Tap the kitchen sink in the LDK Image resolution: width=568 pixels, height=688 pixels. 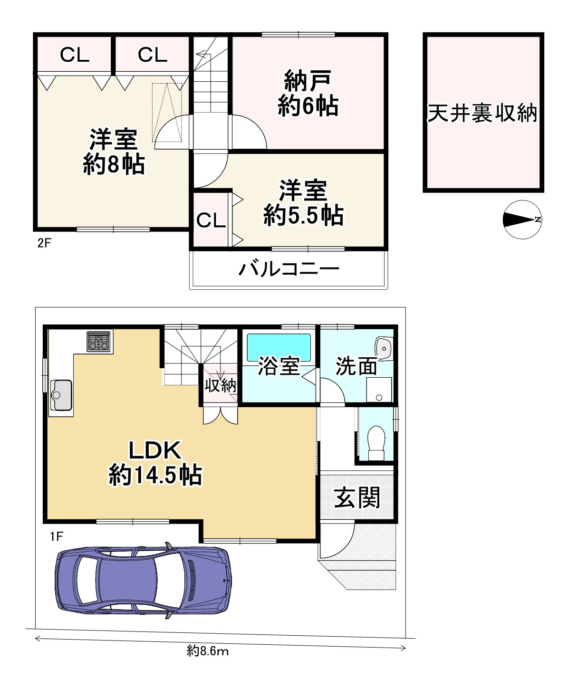61,394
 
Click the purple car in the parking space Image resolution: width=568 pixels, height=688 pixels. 144,580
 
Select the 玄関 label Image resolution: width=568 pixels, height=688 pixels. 357,497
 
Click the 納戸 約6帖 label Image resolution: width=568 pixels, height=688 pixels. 308,93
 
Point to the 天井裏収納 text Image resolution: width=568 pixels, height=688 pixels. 482,113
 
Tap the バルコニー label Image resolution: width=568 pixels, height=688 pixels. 289,269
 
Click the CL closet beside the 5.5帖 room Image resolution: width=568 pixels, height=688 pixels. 211,220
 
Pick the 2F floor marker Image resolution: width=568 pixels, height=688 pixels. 44,243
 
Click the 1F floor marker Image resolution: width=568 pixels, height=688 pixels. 56,536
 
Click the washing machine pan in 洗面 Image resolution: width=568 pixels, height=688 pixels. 379,390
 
